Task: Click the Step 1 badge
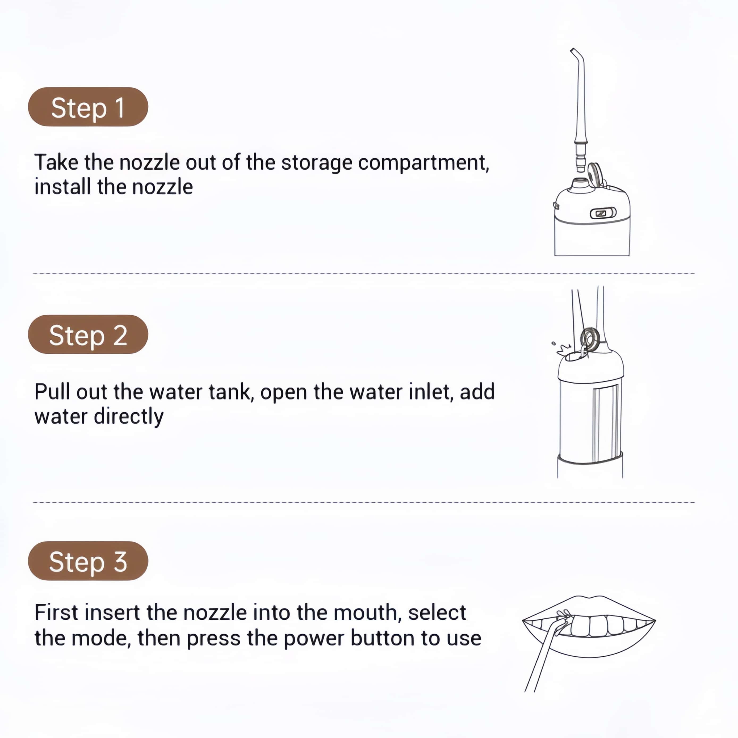pos(88,107)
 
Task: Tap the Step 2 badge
pos(88,334)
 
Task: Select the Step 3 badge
pos(88,561)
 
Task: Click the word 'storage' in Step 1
pos(317,163)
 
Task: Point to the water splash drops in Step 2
pos(561,347)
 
